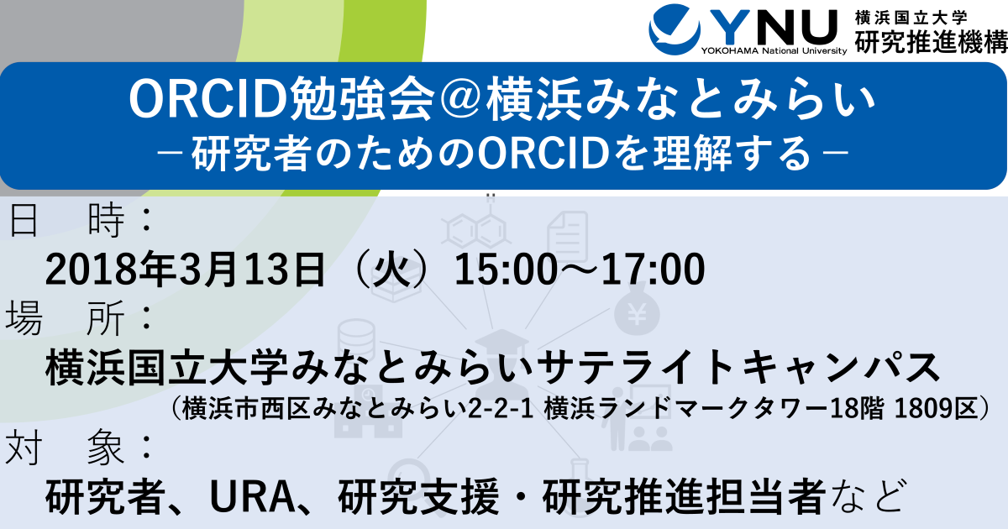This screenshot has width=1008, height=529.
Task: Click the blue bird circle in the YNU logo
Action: tap(674, 29)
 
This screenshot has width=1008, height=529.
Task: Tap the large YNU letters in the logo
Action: tap(773, 26)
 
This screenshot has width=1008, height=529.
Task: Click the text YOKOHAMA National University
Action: tap(774, 51)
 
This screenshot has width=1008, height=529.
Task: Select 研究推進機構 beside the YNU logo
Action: tap(931, 42)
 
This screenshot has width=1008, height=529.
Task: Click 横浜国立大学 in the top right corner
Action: tap(911, 18)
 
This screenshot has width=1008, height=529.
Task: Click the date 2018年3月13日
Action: tap(185, 270)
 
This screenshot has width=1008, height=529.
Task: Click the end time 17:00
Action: tap(653, 270)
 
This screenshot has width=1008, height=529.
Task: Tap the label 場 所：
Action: tap(80, 318)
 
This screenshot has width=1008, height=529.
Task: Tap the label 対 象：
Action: tap(80, 448)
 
